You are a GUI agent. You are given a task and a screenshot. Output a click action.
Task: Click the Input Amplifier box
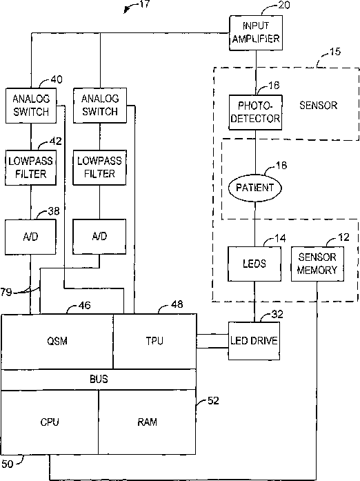point(256,32)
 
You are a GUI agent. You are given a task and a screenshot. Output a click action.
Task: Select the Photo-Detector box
point(255,112)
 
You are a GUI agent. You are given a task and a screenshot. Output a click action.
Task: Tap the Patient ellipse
point(254,188)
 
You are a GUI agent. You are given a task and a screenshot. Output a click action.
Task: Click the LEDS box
point(254,264)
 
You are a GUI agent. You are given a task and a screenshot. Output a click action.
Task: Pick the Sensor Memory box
point(317,264)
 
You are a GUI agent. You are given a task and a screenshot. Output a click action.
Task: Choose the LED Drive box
point(254,341)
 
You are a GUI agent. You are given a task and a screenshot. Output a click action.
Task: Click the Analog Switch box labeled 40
point(31,106)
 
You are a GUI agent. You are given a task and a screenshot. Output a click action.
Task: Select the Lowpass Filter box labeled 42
point(30,168)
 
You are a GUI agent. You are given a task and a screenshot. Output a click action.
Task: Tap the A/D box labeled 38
point(30,237)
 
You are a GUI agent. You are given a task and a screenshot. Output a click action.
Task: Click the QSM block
point(57,341)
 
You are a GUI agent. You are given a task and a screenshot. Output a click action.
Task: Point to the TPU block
point(154,341)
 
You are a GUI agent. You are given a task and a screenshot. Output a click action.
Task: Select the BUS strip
point(99,380)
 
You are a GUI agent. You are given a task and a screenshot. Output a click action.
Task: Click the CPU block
point(50,422)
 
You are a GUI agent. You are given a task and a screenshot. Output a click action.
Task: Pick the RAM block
point(147,422)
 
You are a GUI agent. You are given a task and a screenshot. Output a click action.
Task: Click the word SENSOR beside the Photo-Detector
point(319,106)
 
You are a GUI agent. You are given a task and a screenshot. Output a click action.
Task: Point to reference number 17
point(144,4)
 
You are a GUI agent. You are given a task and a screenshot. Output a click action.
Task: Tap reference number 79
point(6,293)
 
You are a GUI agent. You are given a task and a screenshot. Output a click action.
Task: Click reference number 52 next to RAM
point(213,401)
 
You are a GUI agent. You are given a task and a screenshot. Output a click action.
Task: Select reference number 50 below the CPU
point(8,464)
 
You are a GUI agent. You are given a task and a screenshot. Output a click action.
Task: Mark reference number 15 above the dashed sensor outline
point(335,52)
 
